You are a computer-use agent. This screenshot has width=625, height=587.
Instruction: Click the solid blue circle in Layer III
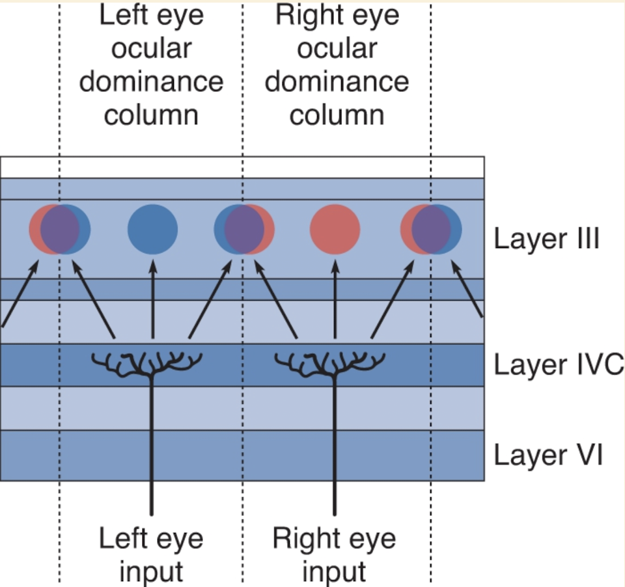[x=152, y=230]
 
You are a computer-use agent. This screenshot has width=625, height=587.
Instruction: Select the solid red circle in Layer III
[x=335, y=230]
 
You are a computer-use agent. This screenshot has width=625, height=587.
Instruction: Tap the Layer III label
[x=546, y=238]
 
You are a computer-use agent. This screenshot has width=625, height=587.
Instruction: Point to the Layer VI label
[x=548, y=455]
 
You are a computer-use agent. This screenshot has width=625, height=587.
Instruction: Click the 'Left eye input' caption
[x=151, y=555]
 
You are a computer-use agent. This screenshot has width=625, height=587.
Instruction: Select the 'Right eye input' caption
[x=334, y=555]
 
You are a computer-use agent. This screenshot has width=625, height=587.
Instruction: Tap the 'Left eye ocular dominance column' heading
[x=151, y=65]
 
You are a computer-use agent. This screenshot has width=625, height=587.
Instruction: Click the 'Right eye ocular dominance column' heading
[x=337, y=65]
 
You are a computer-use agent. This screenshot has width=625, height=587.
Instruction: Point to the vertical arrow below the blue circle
[x=152, y=299]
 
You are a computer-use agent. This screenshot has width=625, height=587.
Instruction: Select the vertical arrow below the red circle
[x=335, y=299]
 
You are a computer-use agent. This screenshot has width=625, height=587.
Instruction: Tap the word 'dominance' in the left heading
[x=151, y=82]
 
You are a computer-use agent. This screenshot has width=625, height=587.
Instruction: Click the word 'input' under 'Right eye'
[x=334, y=572]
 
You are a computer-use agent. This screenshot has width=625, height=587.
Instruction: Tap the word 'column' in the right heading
[x=337, y=115]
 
